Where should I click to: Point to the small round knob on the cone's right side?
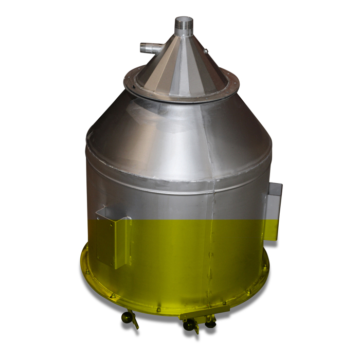pos(206,51)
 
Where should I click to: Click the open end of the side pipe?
pos(142,49)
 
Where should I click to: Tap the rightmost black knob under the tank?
pos(210,325)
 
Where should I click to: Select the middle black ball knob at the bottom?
pos(189,325)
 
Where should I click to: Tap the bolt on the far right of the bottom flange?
pos(265,267)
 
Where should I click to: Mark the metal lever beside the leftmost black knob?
pos(134,321)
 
